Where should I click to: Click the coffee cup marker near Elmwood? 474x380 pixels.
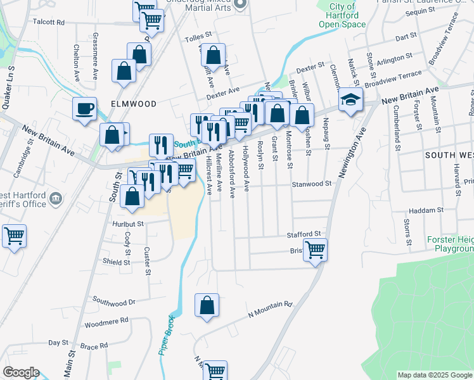(84, 109)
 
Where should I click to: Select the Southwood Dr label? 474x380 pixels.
(114, 302)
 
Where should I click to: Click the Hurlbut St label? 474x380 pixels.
(129, 224)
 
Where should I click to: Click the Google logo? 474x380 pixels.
(21, 372)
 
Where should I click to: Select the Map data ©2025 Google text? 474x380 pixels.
(435, 375)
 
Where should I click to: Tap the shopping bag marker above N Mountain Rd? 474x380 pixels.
(207, 307)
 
